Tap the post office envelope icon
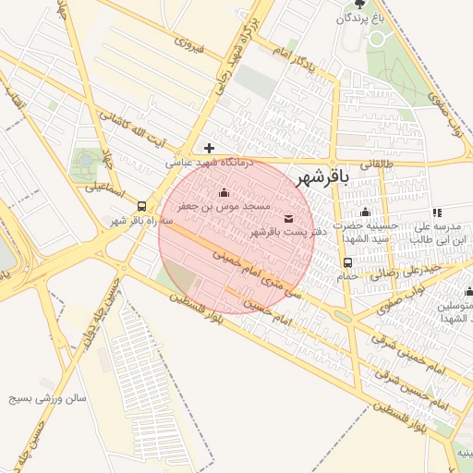290,219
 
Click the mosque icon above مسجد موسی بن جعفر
224,193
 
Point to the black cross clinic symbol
210,148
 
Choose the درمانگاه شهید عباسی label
210,162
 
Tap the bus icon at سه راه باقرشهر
141,207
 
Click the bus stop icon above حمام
347,261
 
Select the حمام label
347,275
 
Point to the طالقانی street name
375,164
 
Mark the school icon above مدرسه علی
436,212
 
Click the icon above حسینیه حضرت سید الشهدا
365,212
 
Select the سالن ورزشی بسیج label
47,399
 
